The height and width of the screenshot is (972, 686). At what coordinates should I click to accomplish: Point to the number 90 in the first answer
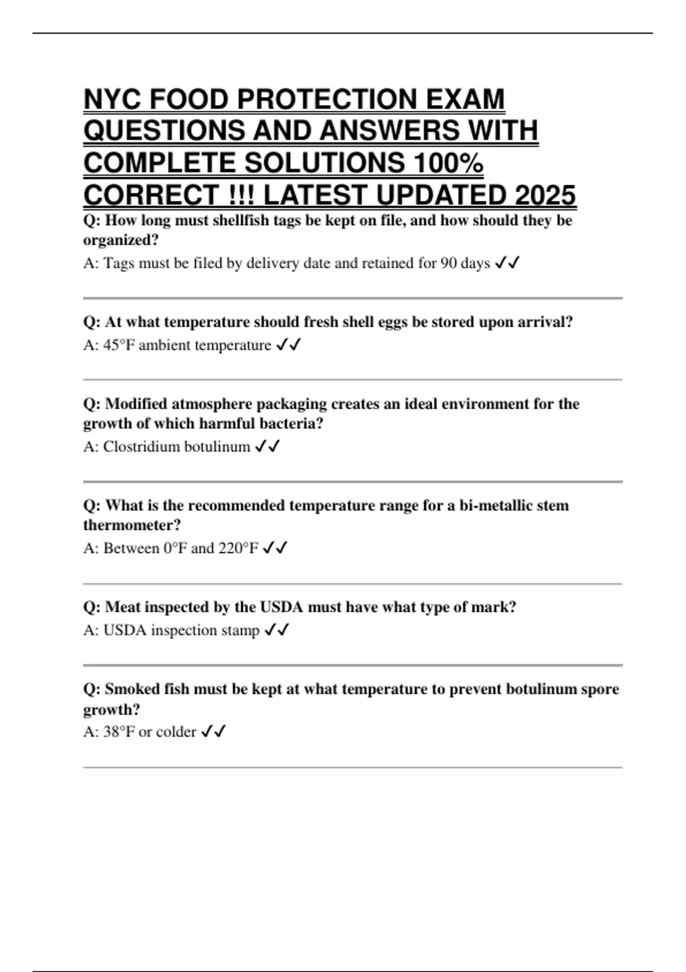[448, 263]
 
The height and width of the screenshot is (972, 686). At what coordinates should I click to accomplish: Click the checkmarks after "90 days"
[507, 263]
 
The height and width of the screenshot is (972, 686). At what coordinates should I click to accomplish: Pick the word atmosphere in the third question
[212, 404]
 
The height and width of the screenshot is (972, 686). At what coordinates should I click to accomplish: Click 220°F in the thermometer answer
[238, 548]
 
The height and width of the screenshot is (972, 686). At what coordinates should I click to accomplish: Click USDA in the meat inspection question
[281, 607]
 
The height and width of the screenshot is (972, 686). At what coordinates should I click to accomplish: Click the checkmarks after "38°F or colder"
[214, 732]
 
